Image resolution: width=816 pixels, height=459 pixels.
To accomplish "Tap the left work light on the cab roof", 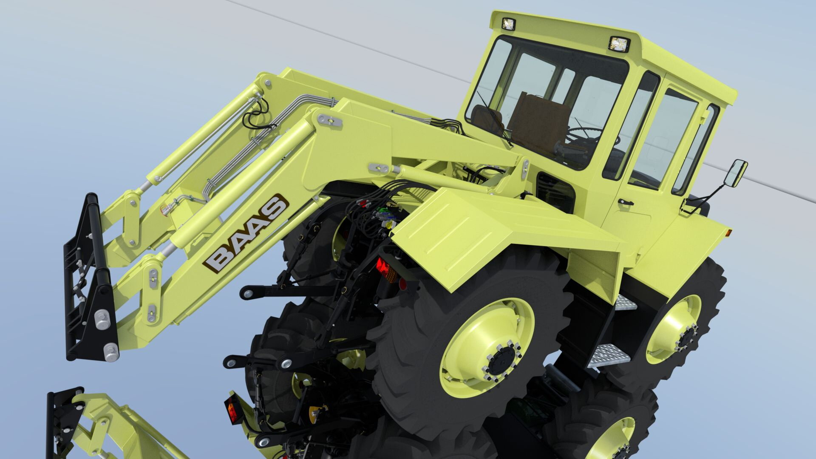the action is pos(508,23).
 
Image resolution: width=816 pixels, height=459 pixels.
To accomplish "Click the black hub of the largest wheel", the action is pos(502,362).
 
